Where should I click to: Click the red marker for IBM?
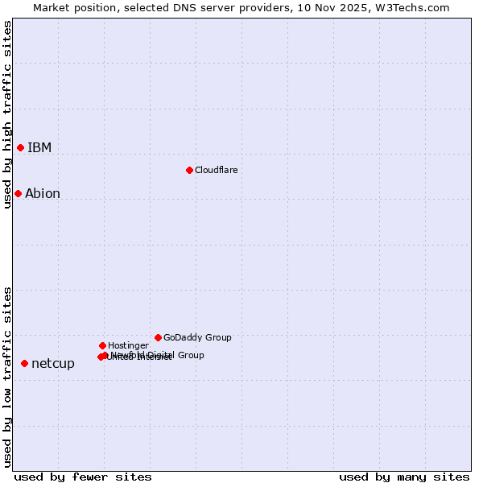20,147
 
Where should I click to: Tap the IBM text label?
39,147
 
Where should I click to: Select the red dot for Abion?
18,193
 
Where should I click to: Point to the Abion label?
43,193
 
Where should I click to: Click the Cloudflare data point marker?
189,170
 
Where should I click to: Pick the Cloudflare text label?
217,170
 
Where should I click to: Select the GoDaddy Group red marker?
158,337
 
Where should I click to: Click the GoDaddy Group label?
197,337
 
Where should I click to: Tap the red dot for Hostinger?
103,345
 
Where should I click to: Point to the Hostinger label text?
128,345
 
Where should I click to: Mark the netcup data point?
24,363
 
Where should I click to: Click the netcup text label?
53,363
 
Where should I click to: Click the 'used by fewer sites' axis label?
83,477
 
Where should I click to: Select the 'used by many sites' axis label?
404,477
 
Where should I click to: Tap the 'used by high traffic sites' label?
8,114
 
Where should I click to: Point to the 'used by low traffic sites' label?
8,377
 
